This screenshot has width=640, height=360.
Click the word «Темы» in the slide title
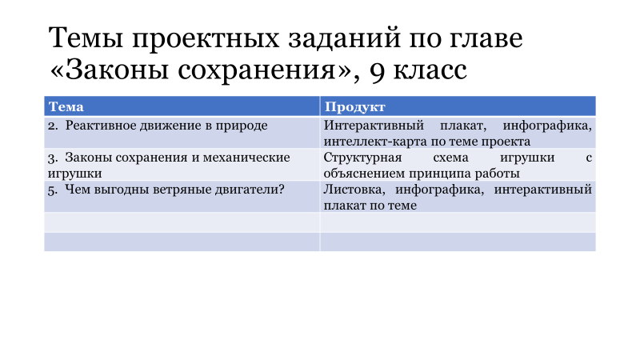pyautogui.click(x=86, y=38)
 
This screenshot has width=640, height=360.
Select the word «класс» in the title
pyautogui.click(x=430, y=70)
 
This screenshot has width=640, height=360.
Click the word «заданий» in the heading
pyautogui.click(x=345, y=38)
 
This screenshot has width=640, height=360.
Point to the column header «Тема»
pyautogui.click(x=66, y=106)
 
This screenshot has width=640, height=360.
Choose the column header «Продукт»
pyautogui.click(x=354, y=107)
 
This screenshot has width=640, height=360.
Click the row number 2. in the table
pyautogui.click(x=53, y=126)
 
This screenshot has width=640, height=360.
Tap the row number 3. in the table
pyautogui.click(x=53, y=158)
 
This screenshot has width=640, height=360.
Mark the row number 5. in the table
pyautogui.click(x=53, y=190)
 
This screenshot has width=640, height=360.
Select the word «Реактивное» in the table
pyautogui.click(x=101, y=126)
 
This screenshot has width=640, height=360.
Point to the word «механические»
pyautogui.click(x=246, y=158)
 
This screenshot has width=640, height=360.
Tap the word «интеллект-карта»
pyautogui.click(x=374, y=142)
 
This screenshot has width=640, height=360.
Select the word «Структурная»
pyautogui.click(x=363, y=158)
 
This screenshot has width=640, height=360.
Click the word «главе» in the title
pyautogui.click(x=486, y=38)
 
